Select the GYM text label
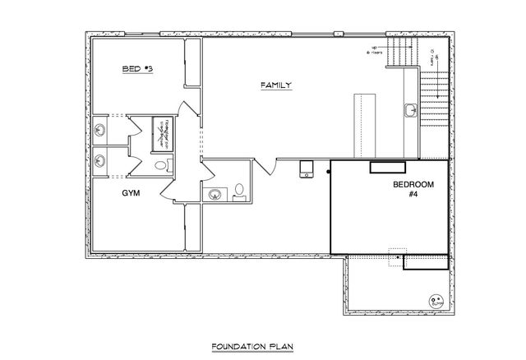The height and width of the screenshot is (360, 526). tap(131, 193)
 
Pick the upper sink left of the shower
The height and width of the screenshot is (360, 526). tap(99, 129)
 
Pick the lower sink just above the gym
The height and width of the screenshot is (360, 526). tap(99, 159)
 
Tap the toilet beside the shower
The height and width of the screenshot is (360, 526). tap(161, 165)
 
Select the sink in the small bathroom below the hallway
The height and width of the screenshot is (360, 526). tap(214, 194)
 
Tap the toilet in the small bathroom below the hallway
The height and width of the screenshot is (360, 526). tap(239, 192)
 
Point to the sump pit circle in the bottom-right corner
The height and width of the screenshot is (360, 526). tap(435, 300)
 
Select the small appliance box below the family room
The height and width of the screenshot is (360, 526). tap(307, 169)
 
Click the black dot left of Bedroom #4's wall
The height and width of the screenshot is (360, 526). tap(327, 171)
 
